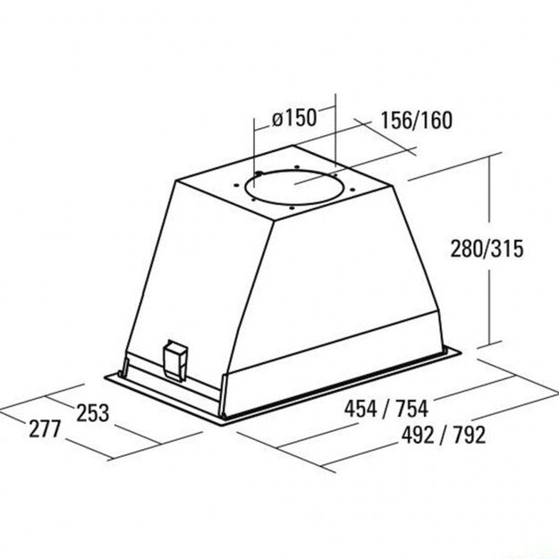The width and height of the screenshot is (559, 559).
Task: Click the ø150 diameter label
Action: click(294, 118)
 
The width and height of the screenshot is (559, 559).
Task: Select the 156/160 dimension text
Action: click(417, 120)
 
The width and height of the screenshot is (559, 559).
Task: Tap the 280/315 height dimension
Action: click(487, 249)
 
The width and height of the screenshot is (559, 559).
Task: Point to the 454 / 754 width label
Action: click(386, 409)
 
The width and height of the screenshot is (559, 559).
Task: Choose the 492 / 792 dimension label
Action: click(444, 435)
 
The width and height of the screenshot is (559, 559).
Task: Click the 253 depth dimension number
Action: click(93, 413)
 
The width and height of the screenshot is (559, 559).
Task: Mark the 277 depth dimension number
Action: click(45, 428)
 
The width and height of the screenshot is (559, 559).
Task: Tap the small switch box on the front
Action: click(174, 360)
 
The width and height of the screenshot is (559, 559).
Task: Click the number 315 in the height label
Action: click(507, 249)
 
